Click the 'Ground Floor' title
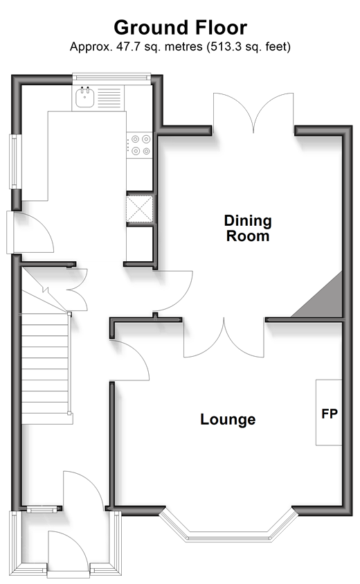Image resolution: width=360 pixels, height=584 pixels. click(x=180, y=28)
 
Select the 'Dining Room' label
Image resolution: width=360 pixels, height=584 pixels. click(x=248, y=228)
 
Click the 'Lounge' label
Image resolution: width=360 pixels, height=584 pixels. click(x=228, y=419)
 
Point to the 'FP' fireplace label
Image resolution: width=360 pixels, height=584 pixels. click(x=330, y=414)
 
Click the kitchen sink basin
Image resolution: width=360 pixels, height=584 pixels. click(x=85, y=97)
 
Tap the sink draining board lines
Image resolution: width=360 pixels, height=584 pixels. click(x=109, y=98)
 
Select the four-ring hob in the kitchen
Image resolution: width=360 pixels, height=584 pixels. click(x=140, y=145)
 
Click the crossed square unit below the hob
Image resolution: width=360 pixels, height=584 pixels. click(x=140, y=209)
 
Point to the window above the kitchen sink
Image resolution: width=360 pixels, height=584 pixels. click(x=111, y=77)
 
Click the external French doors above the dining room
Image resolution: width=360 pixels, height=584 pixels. click(x=253, y=112)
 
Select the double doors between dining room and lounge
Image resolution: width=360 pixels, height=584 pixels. click(x=224, y=338)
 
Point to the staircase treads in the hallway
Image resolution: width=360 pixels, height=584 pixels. click(x=46, y=368)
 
